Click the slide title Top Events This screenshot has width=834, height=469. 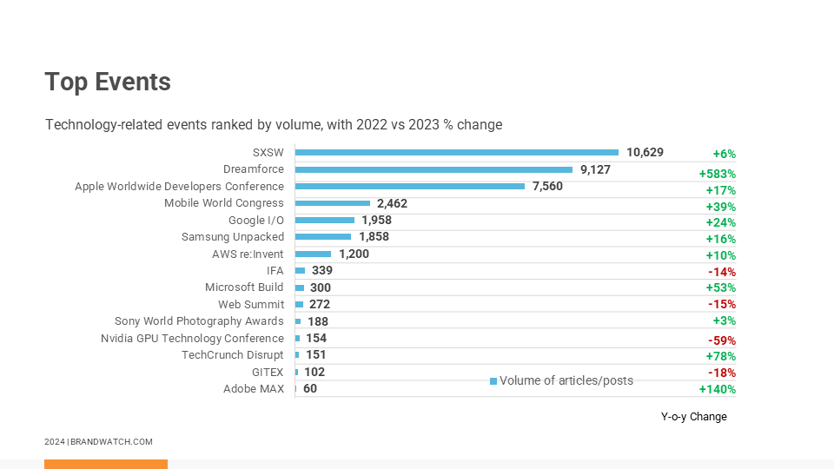click(x=108, y=82)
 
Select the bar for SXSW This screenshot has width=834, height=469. click(x=456, y=153)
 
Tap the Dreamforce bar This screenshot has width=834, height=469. click(x=434, y=169)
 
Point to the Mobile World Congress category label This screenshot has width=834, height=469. click(x=224, y=203)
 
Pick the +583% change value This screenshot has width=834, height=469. click(x=717, y=174)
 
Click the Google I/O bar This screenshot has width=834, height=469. click(x=325, y=221)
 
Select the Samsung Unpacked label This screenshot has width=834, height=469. click(x=232, y=237)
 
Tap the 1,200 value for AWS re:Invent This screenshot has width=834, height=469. click(x=354, y=254)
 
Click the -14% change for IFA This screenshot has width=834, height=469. click(x=721, y=272)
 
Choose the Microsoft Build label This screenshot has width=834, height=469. click(x=244, y=287)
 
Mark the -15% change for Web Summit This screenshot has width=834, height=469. click(x=721, y=304)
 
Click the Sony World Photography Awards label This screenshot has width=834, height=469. click(x=199, y=321)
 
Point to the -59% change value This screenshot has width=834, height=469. click(x=721, y=340)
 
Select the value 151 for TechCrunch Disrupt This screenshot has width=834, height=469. click(x=316, y=354)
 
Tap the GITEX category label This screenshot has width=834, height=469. click(x=268, y=372)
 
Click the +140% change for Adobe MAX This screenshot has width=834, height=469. click(x=717, y=389)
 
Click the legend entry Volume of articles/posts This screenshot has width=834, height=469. click(x=566, y=380)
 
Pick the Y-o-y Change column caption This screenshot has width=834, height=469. click(x=693, y=417)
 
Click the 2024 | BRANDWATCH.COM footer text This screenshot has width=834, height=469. click(x=98, y=442)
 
